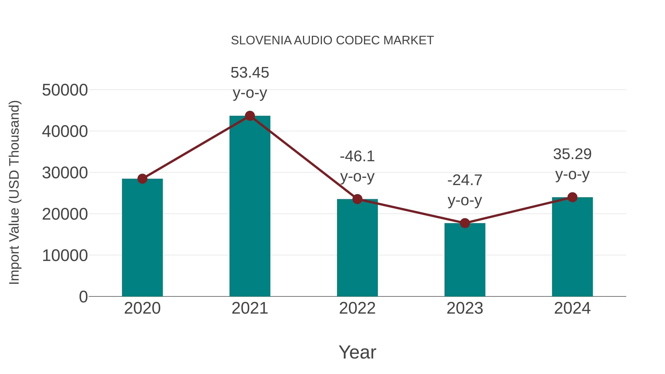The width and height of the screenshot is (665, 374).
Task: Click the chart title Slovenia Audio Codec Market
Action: point(332,40)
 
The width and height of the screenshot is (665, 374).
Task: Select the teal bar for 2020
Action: point(142,238)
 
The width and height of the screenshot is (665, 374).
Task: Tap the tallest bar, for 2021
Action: point(250,206)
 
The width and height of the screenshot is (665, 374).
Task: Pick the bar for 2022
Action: point(357,248)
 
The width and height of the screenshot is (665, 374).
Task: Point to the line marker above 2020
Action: point(142,179)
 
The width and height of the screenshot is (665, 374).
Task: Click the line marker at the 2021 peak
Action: point(250,116)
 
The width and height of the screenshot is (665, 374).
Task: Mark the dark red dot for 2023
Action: point(465,223)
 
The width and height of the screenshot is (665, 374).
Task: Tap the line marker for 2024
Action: point(572,197)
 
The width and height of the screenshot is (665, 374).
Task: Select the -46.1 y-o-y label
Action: point(357,166)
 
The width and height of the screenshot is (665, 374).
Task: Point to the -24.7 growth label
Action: point(465,190)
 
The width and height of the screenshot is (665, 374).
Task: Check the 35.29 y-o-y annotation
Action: point(572,164)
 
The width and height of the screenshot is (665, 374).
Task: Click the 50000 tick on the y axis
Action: point(65,90)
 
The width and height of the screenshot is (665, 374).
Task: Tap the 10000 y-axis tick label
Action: point(65,256)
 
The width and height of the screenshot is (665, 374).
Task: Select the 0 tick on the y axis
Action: point(83,297)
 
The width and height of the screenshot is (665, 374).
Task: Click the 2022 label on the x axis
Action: point(357,308)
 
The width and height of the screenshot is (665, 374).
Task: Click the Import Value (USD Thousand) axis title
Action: point(14,192)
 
